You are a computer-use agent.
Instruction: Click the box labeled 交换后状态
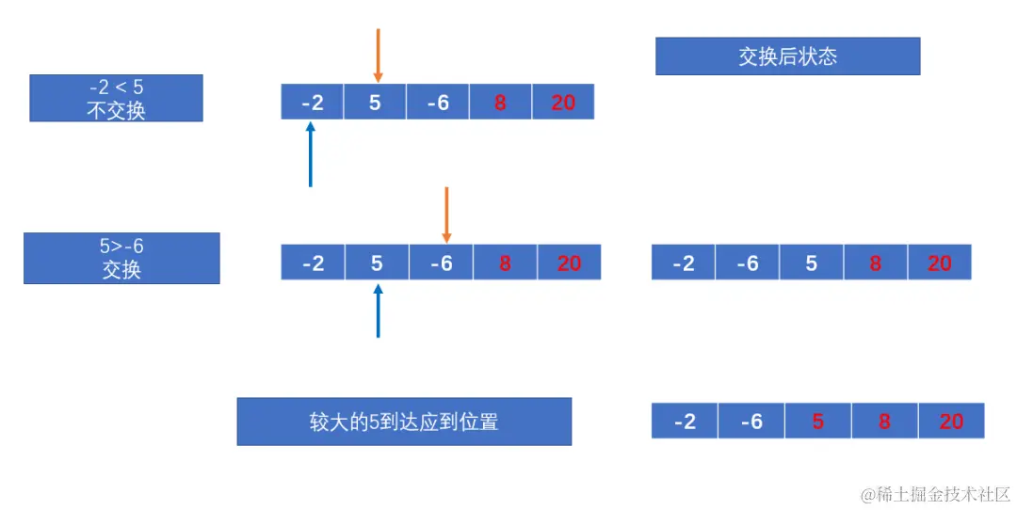(x=787, y=56)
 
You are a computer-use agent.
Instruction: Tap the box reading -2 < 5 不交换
(x=116, y=99)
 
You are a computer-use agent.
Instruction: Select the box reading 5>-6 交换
(x=121, y=259)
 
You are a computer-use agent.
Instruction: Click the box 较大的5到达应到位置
(x=404, y=422)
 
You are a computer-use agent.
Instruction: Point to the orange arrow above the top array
(x=378, y=55)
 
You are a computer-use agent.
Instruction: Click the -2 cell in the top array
(x=313, y=103)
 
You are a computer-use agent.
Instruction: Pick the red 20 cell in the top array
(x=563, y=103)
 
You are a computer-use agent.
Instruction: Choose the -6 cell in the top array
(x=438, y=103)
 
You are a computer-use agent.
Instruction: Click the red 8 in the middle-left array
(x=505, y=263)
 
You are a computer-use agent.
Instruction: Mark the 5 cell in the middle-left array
(x=377, y=263)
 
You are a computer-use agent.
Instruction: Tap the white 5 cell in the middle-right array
(x=812, y=263)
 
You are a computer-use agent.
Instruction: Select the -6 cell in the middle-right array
(x=748, y=263)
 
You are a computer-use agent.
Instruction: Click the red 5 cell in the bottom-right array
(x=817, y=422)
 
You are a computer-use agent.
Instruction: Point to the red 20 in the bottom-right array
(x=951, y=422)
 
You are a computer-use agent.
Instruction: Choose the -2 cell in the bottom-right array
(x=685, y=422)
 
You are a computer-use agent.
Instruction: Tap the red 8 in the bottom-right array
(x=884, y=422)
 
